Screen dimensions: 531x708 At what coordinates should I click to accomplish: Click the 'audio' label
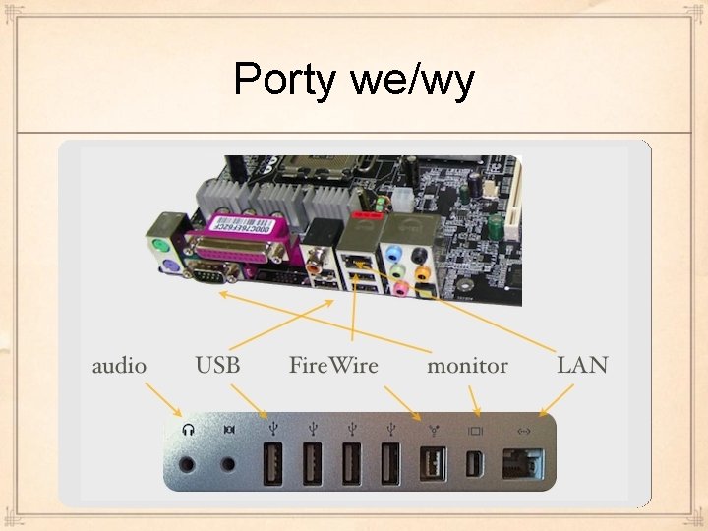[119, 366]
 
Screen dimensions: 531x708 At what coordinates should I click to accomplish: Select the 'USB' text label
[217, 366]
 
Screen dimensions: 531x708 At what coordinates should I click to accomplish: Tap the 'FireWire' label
[333, 366]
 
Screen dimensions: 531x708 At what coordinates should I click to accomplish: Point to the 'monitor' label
[467, 366]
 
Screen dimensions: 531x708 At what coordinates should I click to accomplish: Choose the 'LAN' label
[582, 366]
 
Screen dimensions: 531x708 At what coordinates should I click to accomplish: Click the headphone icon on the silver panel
[188, 430]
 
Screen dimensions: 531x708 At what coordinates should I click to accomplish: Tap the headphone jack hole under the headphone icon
[188, 461]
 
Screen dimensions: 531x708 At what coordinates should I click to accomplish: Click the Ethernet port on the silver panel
[523, 462]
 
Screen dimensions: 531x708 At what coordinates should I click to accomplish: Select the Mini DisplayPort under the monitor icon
[476, 461]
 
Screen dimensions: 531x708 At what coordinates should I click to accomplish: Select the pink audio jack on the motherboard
[400, 289]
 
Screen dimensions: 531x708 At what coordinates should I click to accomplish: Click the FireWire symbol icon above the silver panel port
[432, 430]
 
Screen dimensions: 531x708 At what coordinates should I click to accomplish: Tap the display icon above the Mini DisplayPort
[476, 430]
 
